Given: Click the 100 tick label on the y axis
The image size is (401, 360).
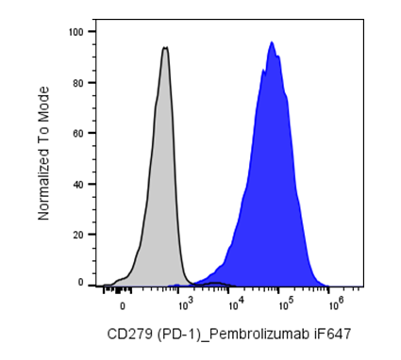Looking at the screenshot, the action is click(x=75, y=32).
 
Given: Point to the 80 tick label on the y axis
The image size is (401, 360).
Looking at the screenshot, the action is click(x=78, y=83).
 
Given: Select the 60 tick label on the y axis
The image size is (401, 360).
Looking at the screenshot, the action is click(x=78, y=133).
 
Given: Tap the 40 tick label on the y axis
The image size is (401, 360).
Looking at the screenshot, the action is click(x=78, y=184).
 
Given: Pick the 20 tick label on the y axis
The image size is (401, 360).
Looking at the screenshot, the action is click(x=78, y=235).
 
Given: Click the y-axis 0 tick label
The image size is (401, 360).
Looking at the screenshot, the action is click(x=81, y=283).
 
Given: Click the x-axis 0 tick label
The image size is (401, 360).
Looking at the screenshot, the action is click(x=123, y=306).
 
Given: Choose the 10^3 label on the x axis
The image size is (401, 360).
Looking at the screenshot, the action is click(x=184, y=304).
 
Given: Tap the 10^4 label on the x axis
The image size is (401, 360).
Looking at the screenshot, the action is click(x=235, y=304).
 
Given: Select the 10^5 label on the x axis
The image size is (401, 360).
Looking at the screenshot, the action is click(x=285, y=304).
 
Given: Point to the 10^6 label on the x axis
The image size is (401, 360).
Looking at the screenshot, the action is click(x=335, y=304).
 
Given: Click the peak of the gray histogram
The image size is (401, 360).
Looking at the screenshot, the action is click(x=165, y=47).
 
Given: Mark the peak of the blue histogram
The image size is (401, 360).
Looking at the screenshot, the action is click(x=272, y=41).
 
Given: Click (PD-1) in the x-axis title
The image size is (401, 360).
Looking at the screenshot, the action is click(x=178, y=335).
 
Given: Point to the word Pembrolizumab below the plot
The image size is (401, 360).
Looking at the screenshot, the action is click(x=259, y=334).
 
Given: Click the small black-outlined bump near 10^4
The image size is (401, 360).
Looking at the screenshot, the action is click(x=215, y=284).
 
